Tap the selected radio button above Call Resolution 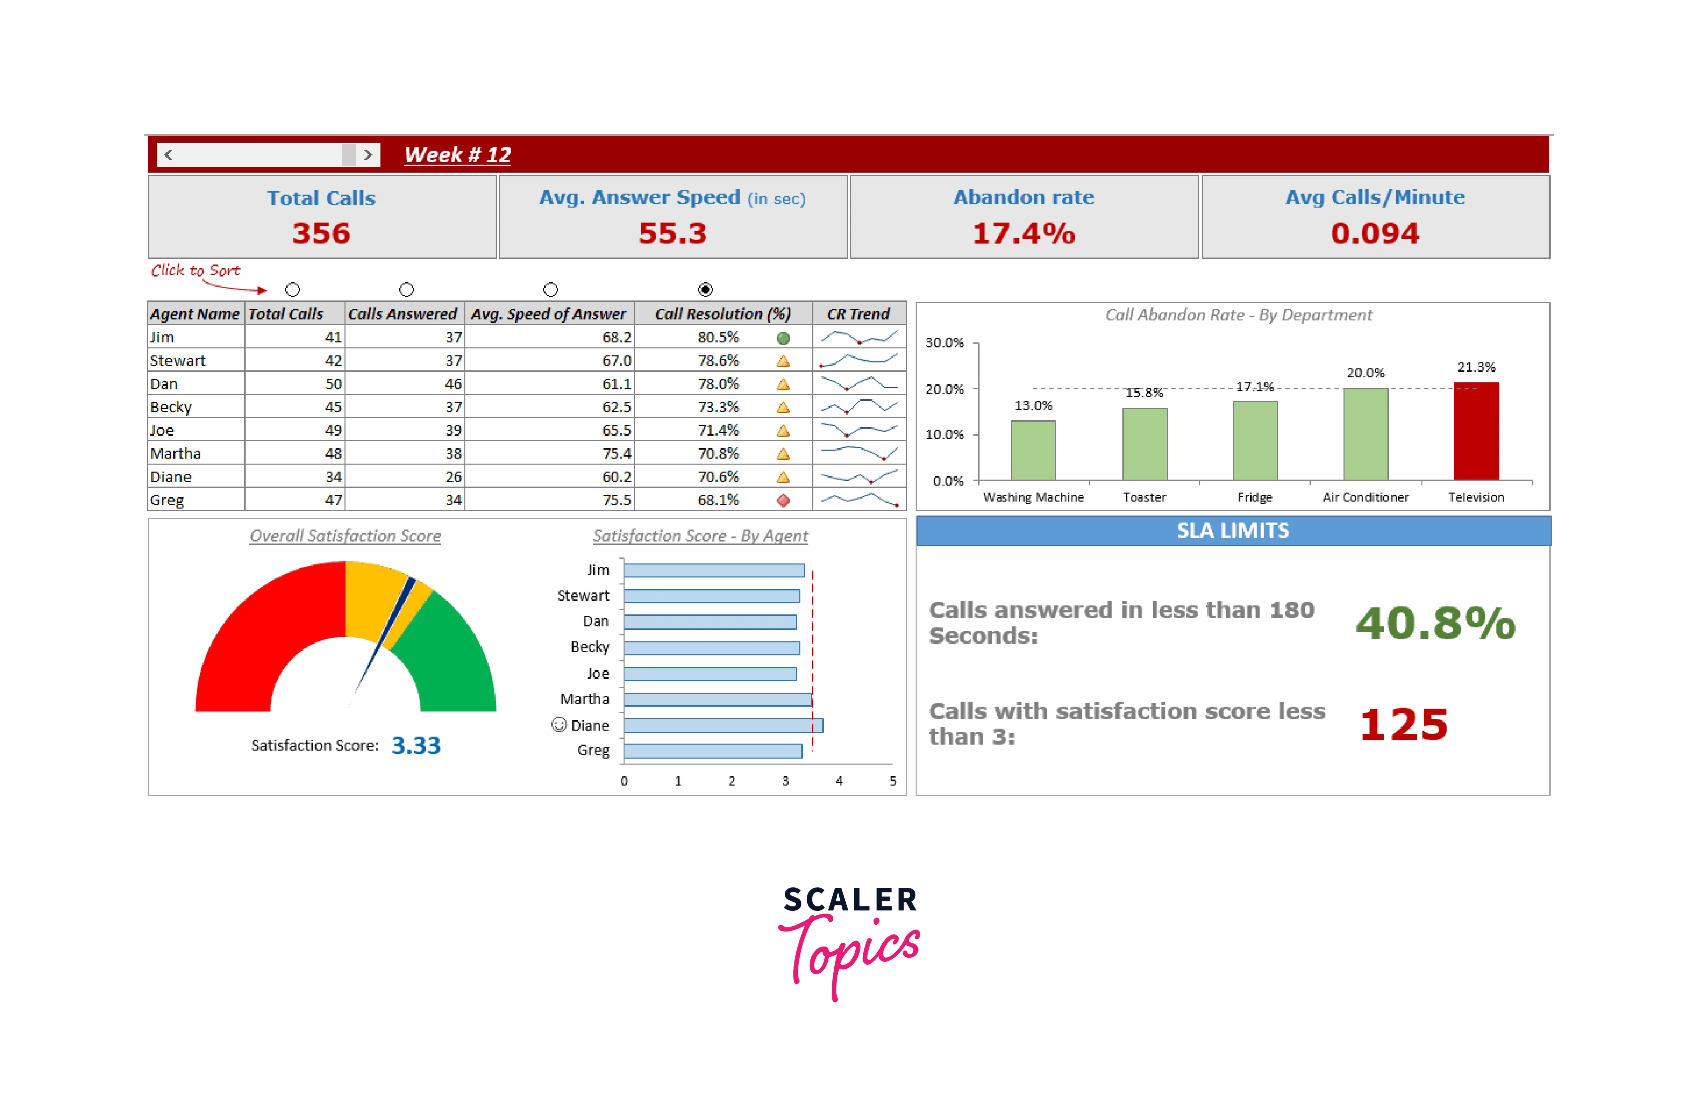pyautogui.click(x=705, y=289)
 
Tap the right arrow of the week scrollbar pyautogui.click(x=368, y=155)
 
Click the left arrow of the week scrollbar pyautogui.click(x=168, y=155)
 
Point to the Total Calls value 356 pyautogui.click(x=321, y=234)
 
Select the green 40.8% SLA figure pyautogui.click(x=1435, y=623)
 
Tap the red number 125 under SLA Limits pyautogui.click(x=1403, y=725)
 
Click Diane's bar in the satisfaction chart pyautogui.click(x=722, y=725)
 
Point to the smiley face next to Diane pyautogui.click(x=559, y=724)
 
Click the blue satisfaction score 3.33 pyautogui.click(x=416, y=745)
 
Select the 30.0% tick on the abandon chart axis pyautogui.click(x=944, y=343)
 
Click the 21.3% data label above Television pyautogui.click(x=1476, y=367)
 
